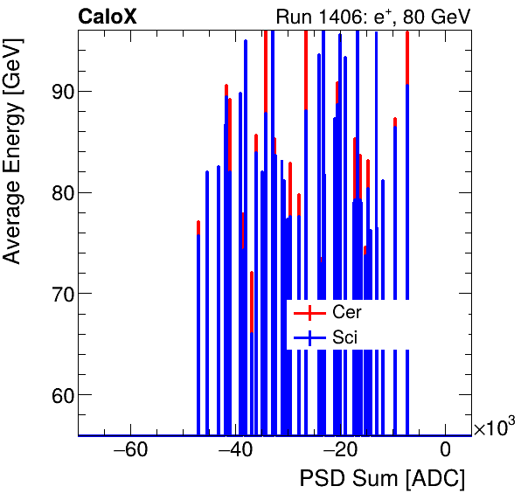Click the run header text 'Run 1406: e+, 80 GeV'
(x=373, y=16)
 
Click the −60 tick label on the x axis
(x=130, y=451)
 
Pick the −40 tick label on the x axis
(x=235, y=451)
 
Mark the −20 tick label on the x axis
(x=340, y=451)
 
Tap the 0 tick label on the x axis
(x=446, y=451)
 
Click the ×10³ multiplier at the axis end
(x=494, y=427)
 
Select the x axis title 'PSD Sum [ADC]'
(x=382, y=480)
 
